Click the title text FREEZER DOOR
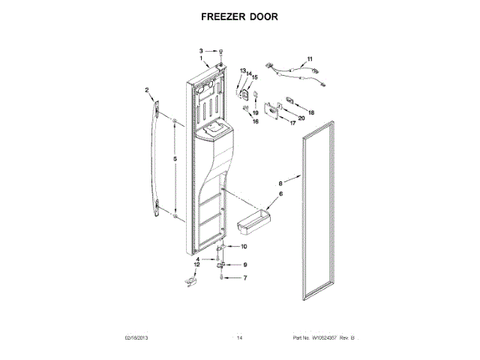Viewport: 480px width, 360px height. coord(240,15)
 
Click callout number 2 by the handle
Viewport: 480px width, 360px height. coord(148,91)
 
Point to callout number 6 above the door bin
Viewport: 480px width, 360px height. coord(281,194)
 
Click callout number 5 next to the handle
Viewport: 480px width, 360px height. coord(174,160)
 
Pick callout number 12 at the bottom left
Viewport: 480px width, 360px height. coord(197,265)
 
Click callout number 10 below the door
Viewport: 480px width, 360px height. coord(243,246)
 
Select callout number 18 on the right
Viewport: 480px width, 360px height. coord(311,112)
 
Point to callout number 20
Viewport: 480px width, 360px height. coord(301,118)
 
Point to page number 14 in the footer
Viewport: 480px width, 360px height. coord(240,338)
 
